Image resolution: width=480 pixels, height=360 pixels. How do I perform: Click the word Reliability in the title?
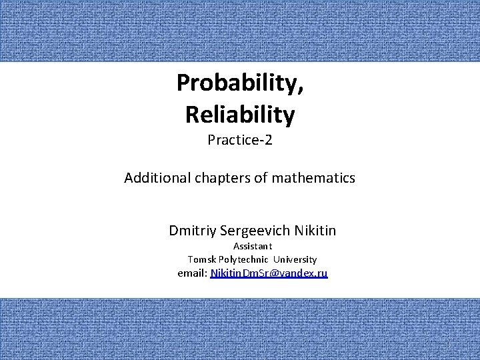pyautogui.click(x=240, y=115)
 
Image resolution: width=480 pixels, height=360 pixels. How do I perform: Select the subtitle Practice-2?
pyautogui.click(x=240, y=140)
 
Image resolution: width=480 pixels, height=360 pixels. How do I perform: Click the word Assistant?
pyautogui.click(x=253, y=246)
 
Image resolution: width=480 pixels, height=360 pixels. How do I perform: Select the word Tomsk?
pyautogui.click(x=202, y=259)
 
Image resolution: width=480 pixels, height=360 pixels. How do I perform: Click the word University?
pyautogui.click(x=295, y=259)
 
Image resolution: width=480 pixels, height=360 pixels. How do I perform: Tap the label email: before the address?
pyautogui.click(x=193, y=273)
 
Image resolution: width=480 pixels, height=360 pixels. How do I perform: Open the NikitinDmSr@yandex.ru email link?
pyautogui.click(x=269, y=273)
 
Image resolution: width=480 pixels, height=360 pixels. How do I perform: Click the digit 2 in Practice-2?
pyautogui.click(x=269, y=140)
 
